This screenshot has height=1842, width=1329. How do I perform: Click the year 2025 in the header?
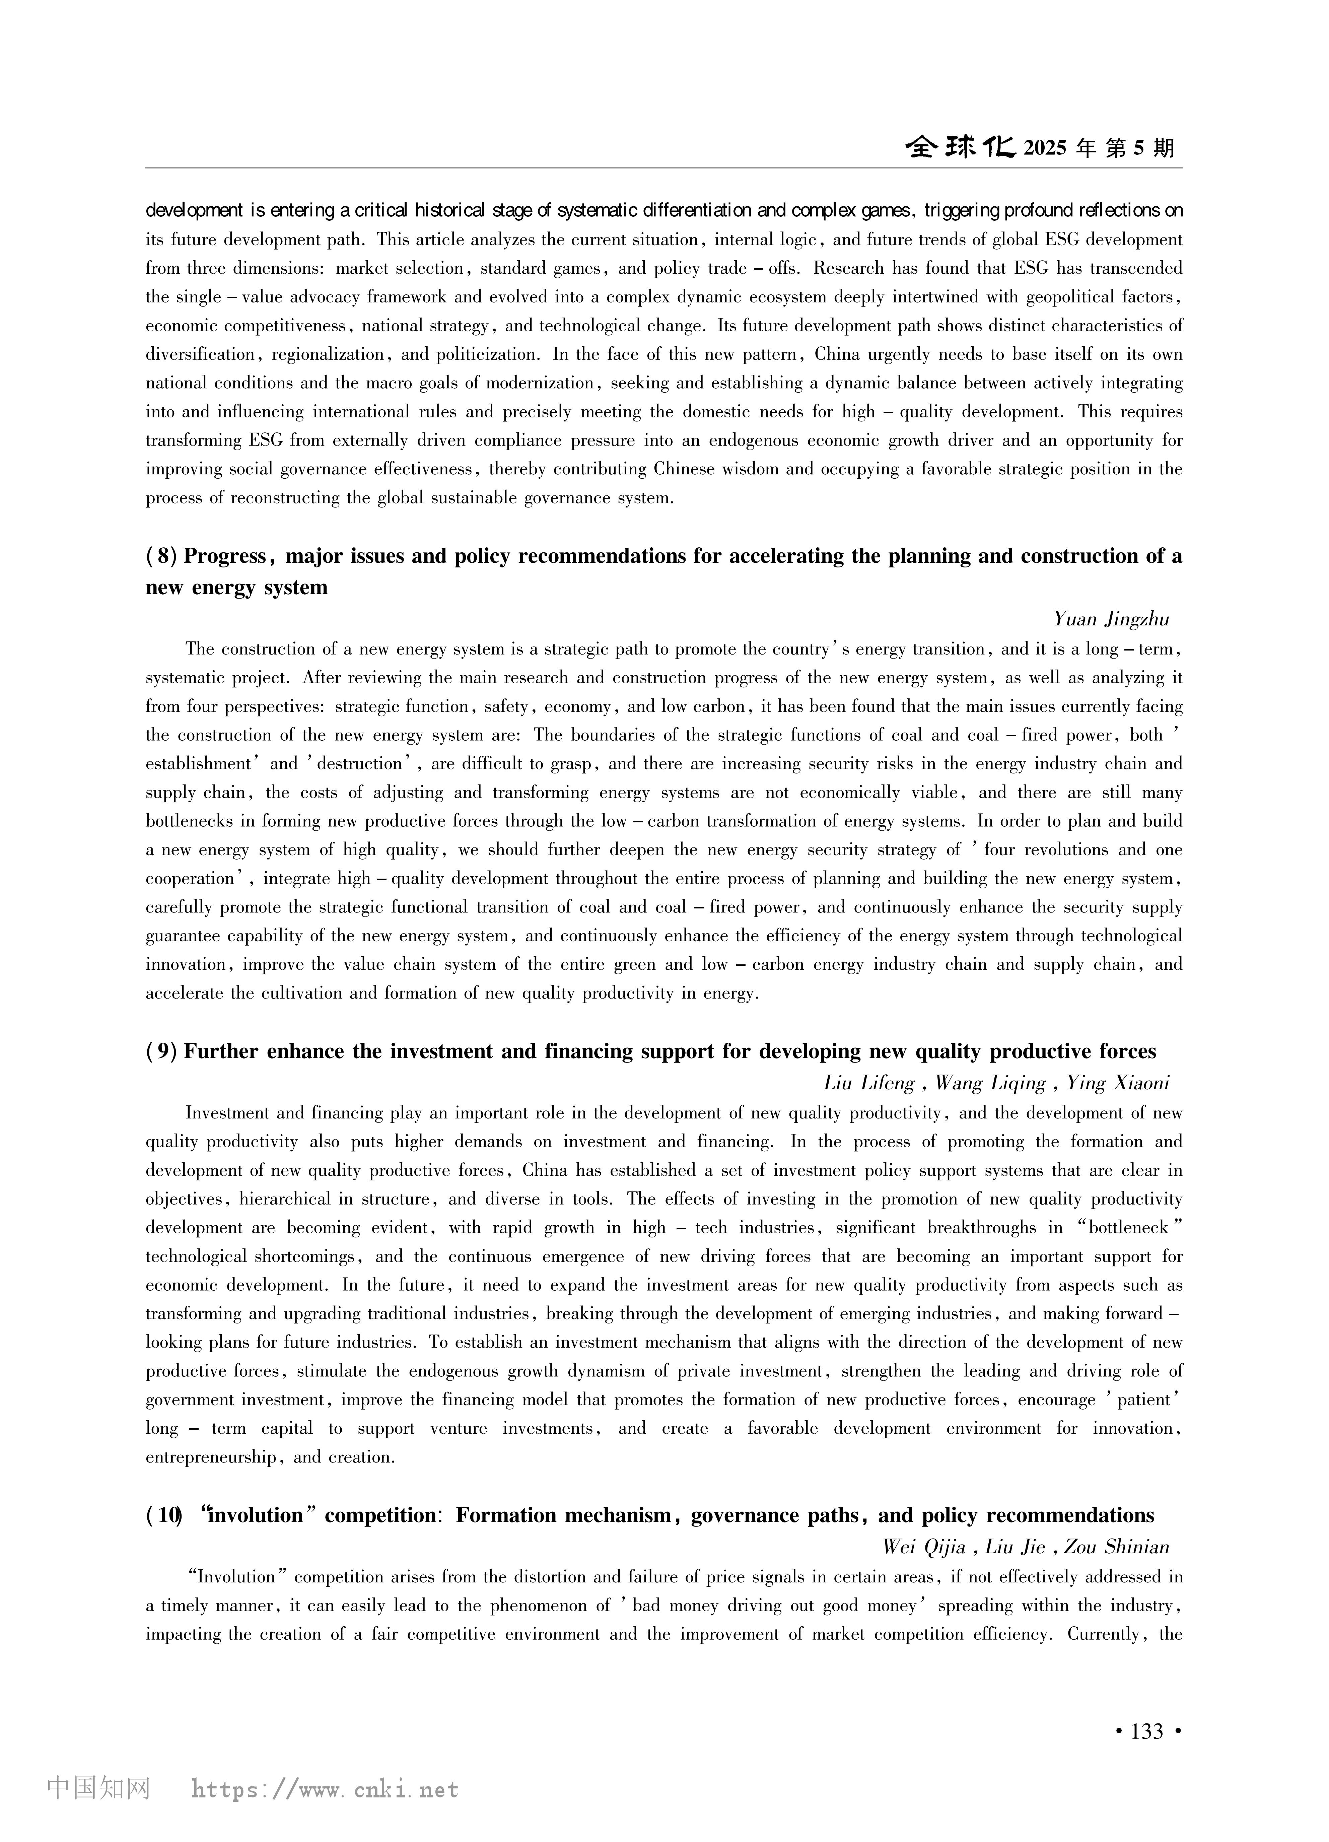1045,148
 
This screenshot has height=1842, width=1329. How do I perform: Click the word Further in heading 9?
220,1052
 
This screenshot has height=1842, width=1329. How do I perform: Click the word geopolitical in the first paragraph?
1073,297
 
